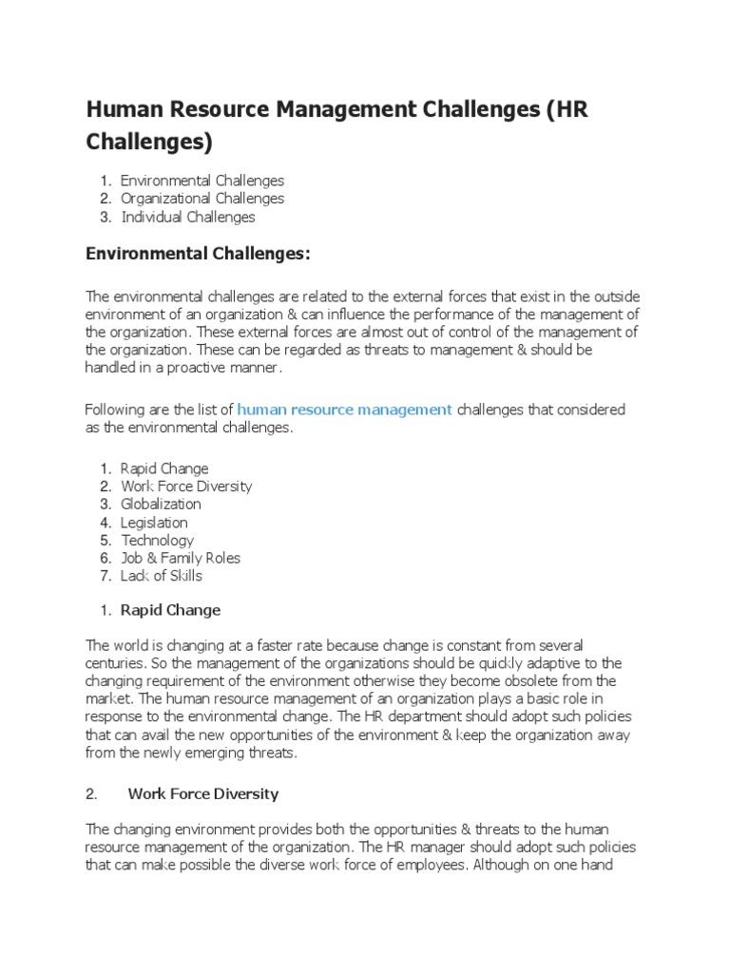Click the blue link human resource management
coord(344,410)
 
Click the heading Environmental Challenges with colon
coord(199,254)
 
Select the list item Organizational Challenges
coord(202,199)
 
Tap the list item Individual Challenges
coord(187,217)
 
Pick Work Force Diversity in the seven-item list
coord(186,486)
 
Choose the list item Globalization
coord(161,504)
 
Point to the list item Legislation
coord(154,522)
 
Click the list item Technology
coord(157,540)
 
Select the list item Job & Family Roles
coord(181,558)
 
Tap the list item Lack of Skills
coord(162,576)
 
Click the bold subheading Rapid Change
coord(170,609)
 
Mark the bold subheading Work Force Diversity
coord(202,793)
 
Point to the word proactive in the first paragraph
coord(209,368)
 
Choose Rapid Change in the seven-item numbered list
coord(164,467)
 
